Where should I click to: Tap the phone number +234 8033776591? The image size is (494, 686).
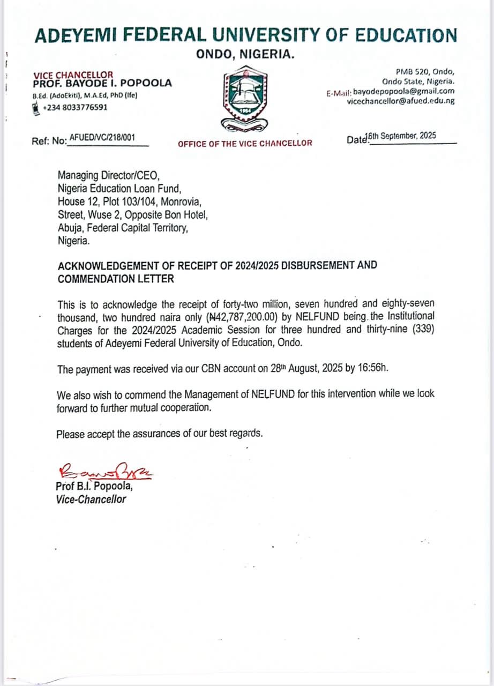point(74,107)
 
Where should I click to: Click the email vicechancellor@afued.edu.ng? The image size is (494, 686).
point(401,100)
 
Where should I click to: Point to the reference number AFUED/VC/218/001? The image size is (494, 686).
point(102,137)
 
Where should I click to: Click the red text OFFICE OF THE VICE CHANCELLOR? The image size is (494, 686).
point(245,143)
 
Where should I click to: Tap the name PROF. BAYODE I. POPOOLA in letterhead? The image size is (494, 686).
point(102,83)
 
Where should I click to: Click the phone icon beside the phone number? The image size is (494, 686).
point(36,107)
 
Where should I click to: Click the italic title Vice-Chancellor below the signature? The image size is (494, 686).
point(91,499)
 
